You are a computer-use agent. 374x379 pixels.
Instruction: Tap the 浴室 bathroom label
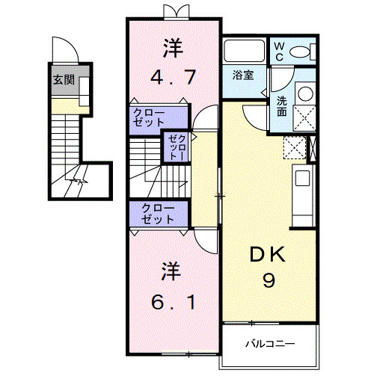click(243, 76)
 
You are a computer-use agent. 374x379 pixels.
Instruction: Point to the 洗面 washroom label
click(281, 106)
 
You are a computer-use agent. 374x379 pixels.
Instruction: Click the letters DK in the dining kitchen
click(268, 255)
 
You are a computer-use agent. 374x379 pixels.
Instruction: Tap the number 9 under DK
click(268, 281)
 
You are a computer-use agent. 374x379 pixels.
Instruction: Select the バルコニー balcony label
click(270, 345)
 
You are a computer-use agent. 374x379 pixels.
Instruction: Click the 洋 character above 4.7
click(173, 47)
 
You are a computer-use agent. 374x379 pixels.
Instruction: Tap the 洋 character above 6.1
click(173, 271)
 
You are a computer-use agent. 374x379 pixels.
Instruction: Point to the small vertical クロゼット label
click(178, 147)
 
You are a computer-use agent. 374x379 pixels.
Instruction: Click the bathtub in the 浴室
click(244, 52)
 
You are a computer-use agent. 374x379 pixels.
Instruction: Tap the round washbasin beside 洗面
click(304, 94)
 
